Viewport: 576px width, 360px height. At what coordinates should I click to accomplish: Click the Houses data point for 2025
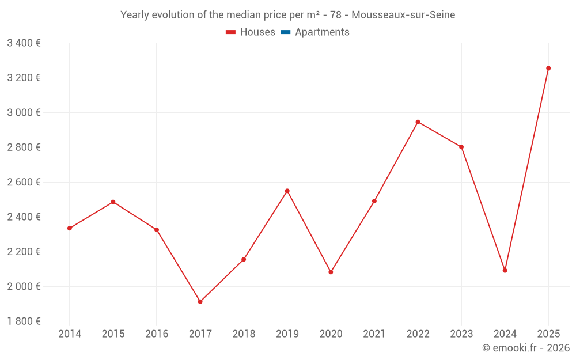[548, 68]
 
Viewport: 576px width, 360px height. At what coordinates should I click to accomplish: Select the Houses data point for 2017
[200, 302]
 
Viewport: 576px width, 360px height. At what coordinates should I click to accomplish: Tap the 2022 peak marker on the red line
[418, 122]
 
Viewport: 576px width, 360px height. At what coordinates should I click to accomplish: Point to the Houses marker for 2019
[287, 191]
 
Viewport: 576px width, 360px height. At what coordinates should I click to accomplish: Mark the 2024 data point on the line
[505, 270]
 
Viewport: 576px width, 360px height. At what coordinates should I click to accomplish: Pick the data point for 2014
[70, 228]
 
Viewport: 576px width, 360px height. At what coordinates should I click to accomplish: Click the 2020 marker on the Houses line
[331, 272]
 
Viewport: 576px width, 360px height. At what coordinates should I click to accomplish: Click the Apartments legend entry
[322, 32]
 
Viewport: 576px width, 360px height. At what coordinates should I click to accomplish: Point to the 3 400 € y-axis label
[24, 43]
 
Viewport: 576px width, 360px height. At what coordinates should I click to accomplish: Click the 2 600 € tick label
[24, 182]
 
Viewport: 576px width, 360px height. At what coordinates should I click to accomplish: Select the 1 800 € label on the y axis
[24, 321]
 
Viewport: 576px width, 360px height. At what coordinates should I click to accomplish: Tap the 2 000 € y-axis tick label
[24, 286]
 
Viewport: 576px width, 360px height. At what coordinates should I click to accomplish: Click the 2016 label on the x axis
[157, 334]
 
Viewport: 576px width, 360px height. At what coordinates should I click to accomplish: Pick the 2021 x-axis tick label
[374, 334]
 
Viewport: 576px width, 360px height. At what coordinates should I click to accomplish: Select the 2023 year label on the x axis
[461, 334]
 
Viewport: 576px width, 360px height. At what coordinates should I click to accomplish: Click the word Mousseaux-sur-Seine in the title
[403, 15]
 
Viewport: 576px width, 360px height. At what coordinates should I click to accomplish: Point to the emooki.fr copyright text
[525, 348]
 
